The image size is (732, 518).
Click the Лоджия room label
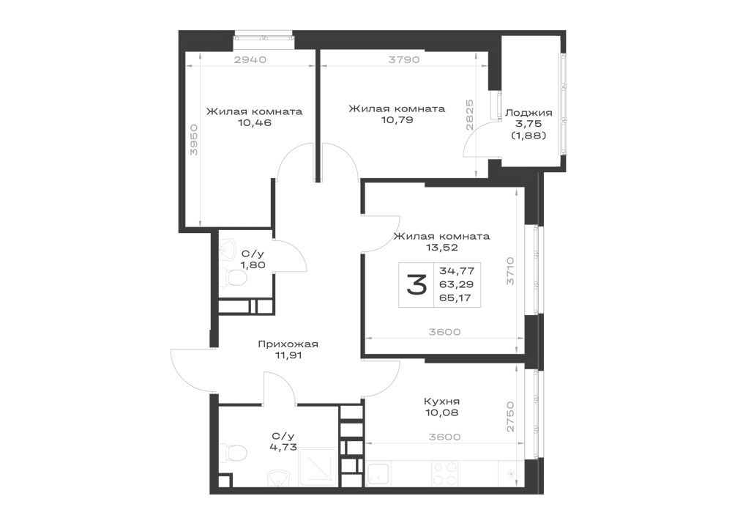click(529, 113)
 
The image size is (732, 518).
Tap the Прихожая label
click(288, 344)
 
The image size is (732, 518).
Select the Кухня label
click(441, 402)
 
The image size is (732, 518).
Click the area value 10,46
click(255, 123)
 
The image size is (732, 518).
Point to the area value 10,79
click(397, 120)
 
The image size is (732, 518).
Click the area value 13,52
click(441, 248)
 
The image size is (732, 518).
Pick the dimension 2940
click(250, 59)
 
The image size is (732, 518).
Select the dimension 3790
click(404, 59)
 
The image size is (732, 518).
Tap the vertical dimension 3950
click(194, 140)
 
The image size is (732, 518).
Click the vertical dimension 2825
click(470, 115)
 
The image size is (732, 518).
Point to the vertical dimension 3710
click(511, 271)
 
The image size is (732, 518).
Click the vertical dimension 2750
click(511, 417)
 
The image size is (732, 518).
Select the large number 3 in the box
click(417, 284)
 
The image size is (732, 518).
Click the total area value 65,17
click(455, 297)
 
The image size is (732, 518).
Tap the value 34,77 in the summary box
click(457, 270)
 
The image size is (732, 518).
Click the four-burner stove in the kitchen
click(444, 473)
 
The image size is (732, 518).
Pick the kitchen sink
click(378, 473)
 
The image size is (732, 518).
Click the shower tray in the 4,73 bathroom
click(318, 467)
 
